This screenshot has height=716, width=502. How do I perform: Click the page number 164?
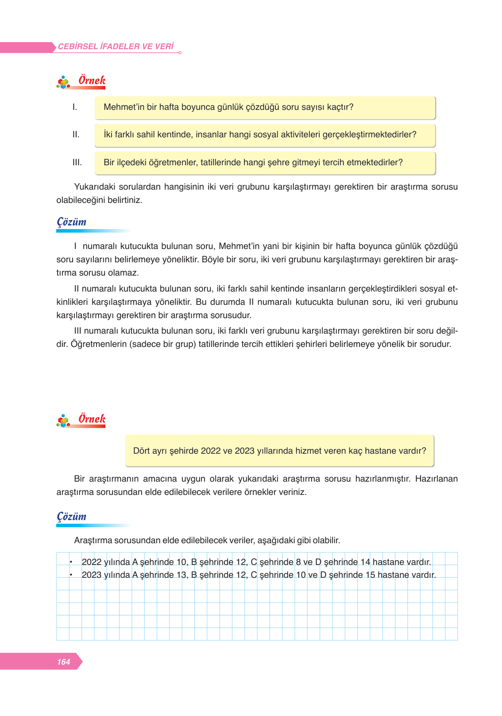coord(63,662)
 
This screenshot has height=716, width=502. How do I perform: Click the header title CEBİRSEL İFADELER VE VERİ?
coord(116,46)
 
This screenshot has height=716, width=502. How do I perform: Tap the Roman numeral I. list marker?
coord(75,107)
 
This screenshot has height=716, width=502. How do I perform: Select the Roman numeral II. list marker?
coord(76,135)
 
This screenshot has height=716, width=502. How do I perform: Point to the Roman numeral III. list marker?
coord(77,163)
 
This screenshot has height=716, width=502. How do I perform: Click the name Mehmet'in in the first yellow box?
coord(121,107)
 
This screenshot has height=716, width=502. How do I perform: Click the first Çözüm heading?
coord(72,222)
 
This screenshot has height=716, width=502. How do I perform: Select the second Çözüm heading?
coord(72,516)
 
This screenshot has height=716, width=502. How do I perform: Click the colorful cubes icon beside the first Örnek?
coord(63,82)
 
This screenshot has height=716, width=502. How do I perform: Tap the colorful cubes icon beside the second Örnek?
coord(63,420)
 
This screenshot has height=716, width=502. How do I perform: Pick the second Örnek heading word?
coord(92,419)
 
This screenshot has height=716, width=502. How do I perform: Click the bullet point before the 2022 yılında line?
coord(70,562)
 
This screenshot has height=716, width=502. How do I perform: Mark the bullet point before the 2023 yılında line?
coord(70,575)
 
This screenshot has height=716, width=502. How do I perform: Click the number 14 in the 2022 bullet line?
coord(365,562)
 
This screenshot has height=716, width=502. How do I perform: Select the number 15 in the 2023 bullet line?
coord(370,575)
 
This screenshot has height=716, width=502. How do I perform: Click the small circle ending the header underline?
coord(179,53)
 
